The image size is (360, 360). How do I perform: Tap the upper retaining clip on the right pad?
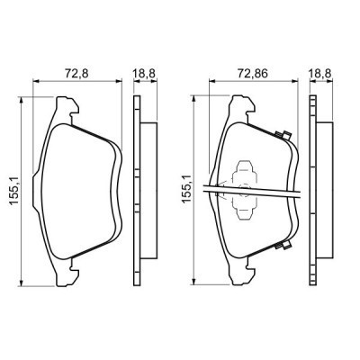(x=283, y=137)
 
